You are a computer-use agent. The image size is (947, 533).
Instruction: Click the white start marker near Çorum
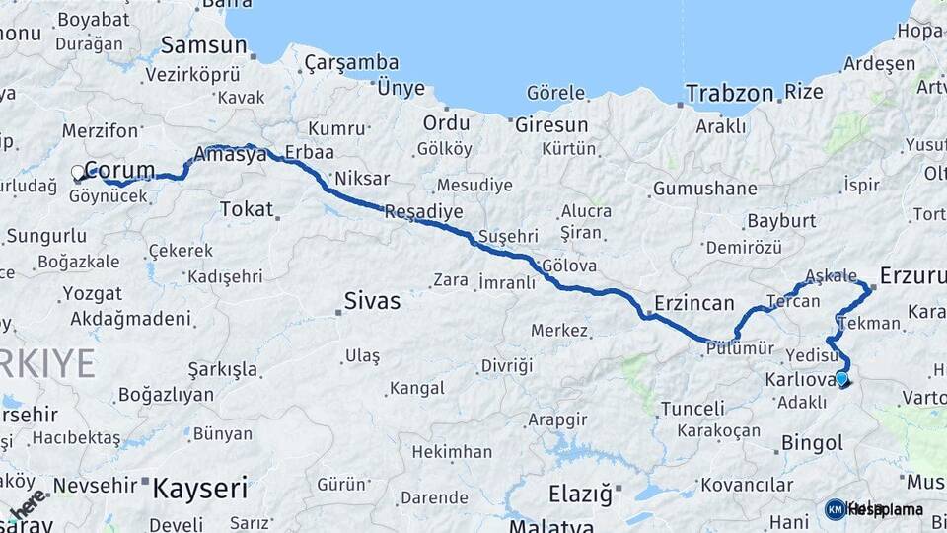click(x=78, y=173)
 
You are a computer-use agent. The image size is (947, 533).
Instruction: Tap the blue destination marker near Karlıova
click(x=841, y=378)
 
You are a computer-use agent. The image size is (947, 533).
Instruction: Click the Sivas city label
click(x=372, y=301)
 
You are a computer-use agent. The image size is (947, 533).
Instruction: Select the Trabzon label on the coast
click(x=729, y=94)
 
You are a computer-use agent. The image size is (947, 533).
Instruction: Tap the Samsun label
click(x=203, y=45)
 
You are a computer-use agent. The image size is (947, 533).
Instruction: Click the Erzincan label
click(x=694, y=303)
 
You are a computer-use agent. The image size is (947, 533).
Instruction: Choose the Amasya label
click(x=231, y=155)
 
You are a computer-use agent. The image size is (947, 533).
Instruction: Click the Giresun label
click(x=550, y=125)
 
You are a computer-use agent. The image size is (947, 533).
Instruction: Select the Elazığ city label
click(x=579, y=491)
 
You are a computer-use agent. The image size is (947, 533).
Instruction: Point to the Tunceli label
click(x=692, y=408)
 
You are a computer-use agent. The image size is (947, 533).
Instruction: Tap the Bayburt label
click(x=780, y=220)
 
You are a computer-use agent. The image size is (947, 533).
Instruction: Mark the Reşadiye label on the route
click(x=422, y=211)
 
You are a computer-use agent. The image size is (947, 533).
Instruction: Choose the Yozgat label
click(x=92, y=293)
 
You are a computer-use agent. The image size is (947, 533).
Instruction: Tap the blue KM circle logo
click(x=836, y=509)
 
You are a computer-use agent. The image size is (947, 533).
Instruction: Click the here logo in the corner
click(x=27, y=503)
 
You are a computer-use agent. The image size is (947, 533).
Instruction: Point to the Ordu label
click(x=446, y=123)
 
